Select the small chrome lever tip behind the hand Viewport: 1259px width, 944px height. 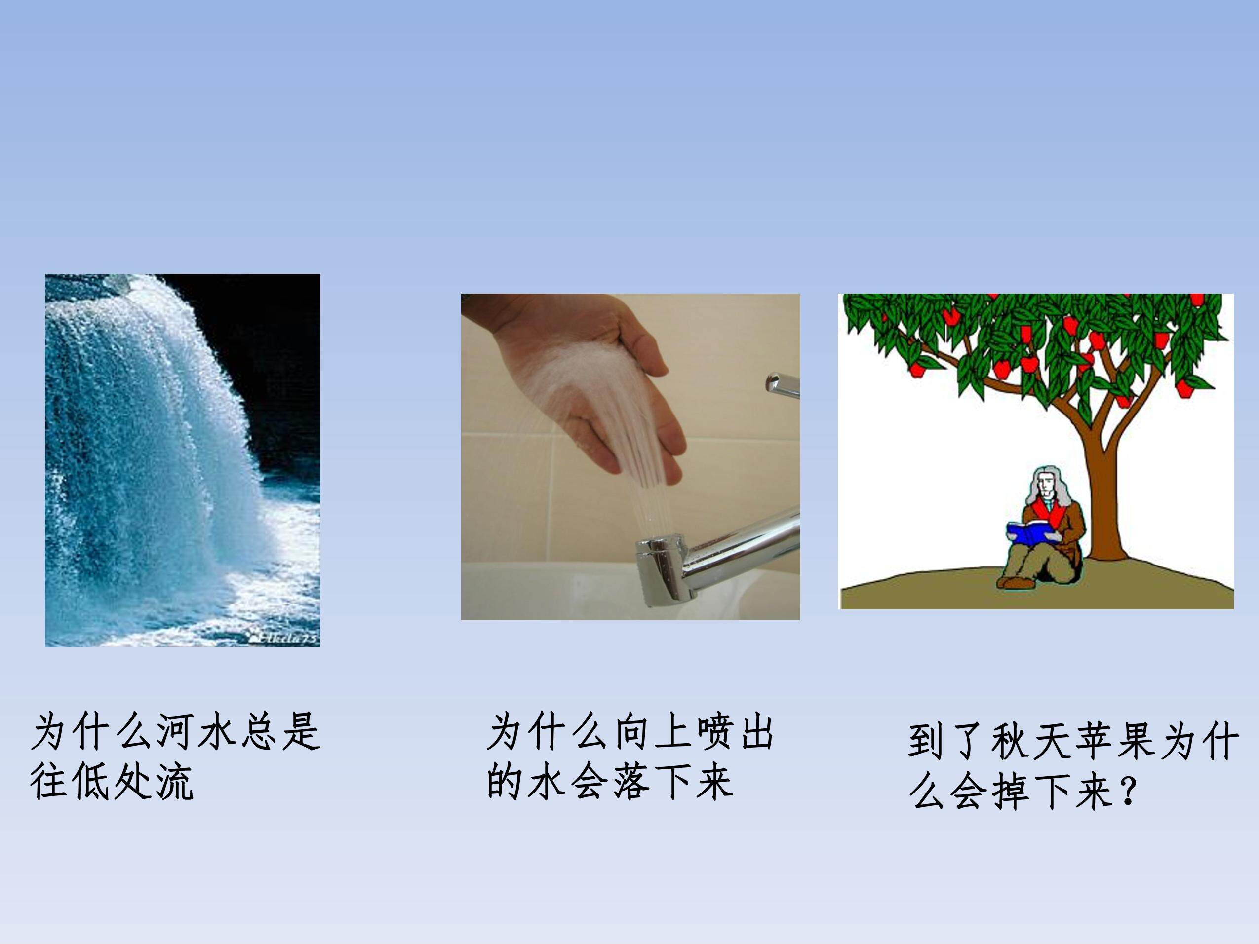click(x=782, y=384)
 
